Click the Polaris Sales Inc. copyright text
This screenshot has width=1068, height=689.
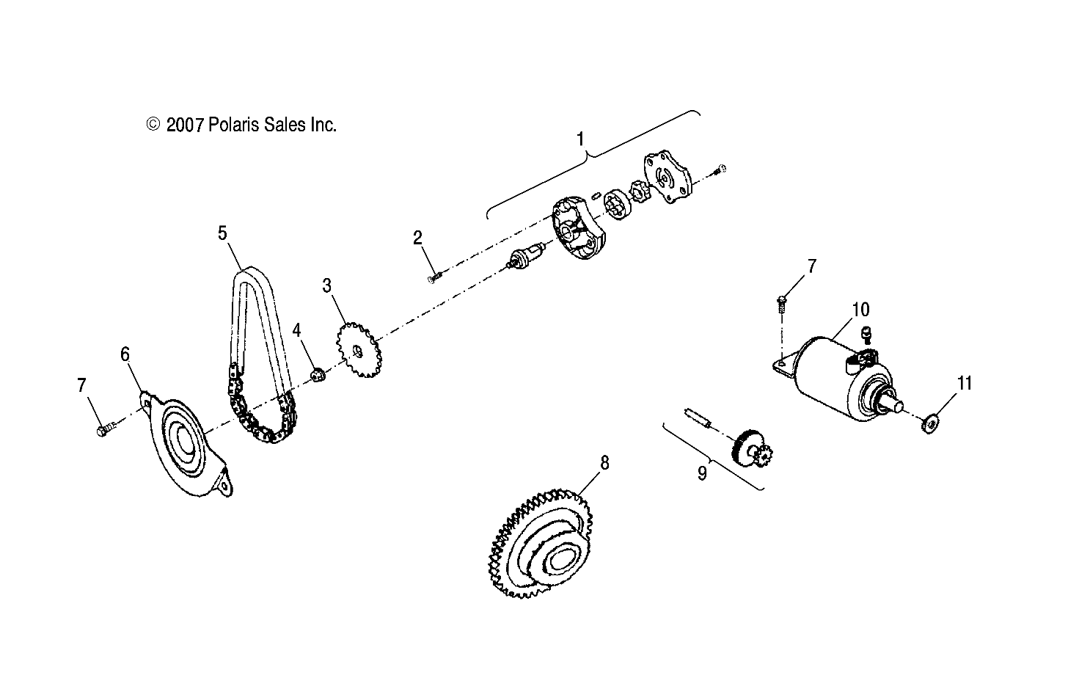(242, 125)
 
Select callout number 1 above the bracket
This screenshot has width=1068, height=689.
(580, 139)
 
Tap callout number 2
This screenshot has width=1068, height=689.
(417, 238)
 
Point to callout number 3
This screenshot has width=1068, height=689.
(327, 285)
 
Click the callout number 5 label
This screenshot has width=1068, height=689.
(222, 233)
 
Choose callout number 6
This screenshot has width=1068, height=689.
(125, 354)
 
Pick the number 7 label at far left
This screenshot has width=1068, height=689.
(82, 383)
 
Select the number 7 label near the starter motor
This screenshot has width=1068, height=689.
(811, 266)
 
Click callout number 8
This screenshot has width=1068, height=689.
(604, 462)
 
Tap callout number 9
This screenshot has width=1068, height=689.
(701, 473)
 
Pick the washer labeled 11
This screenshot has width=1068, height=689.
(929, 423)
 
